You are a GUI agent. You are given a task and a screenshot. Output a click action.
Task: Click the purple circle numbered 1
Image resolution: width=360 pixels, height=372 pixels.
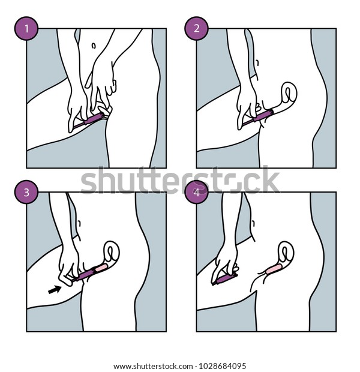pos(26,28)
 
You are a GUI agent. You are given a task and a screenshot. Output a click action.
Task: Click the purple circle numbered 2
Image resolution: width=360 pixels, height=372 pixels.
pos(196,28)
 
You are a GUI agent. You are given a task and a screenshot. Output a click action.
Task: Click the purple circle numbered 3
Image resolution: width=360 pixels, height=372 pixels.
pos(26,192)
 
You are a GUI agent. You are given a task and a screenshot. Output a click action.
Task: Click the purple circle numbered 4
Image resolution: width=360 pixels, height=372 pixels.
pos(196,193)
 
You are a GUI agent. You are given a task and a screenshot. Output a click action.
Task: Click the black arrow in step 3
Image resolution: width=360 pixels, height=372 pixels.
pos(55,289)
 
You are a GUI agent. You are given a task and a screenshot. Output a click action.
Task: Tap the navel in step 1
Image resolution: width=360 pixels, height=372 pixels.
pos(94,46)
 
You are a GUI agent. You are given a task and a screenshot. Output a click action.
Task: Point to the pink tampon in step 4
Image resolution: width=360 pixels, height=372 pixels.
pos(274,269)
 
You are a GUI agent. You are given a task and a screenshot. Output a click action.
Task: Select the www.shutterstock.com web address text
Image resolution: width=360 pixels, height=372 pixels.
pos(153,367)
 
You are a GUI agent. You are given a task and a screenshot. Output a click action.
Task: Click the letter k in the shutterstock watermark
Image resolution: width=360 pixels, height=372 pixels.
pos(268,179)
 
